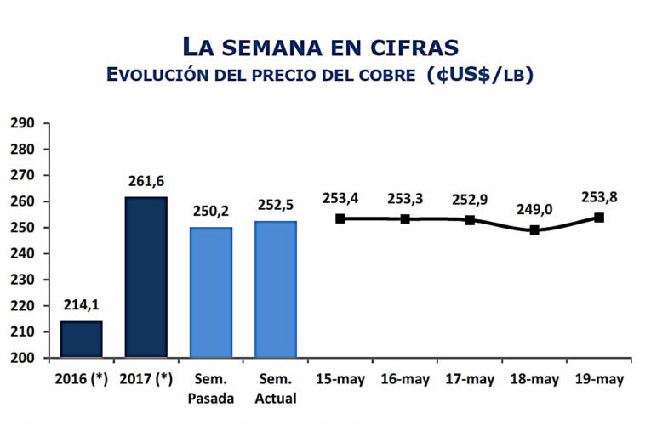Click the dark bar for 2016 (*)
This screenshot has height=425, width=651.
(x=81, y=339)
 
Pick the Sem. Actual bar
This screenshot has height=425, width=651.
(x=276, y=289)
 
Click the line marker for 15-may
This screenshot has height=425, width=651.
(x=340, y=218)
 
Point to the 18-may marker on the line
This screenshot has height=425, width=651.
(x=534, y=229)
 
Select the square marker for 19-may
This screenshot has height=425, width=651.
(x=599, y=218)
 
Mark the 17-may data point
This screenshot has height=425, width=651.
(x=470, y=220)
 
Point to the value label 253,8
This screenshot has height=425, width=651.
(x=600, y=198)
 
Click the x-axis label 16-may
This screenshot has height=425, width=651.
(x=405, y=379)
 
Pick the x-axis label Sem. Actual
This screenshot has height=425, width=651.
(x=276, y=388)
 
